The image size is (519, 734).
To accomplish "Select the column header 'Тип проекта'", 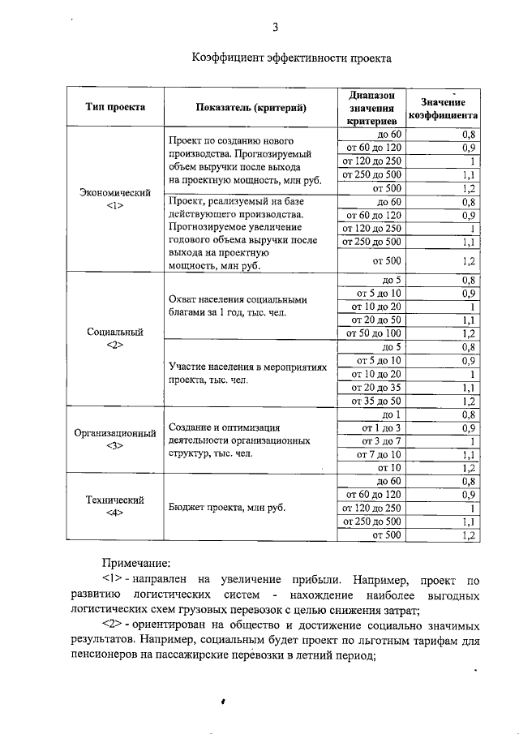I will pos(116,107).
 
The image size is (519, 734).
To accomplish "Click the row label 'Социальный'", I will pos(115,333).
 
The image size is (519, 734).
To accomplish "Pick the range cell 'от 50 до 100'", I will pos(374,333).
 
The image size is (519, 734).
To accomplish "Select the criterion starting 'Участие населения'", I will pos(247,373).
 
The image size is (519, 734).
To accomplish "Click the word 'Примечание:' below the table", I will pos(136,561).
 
